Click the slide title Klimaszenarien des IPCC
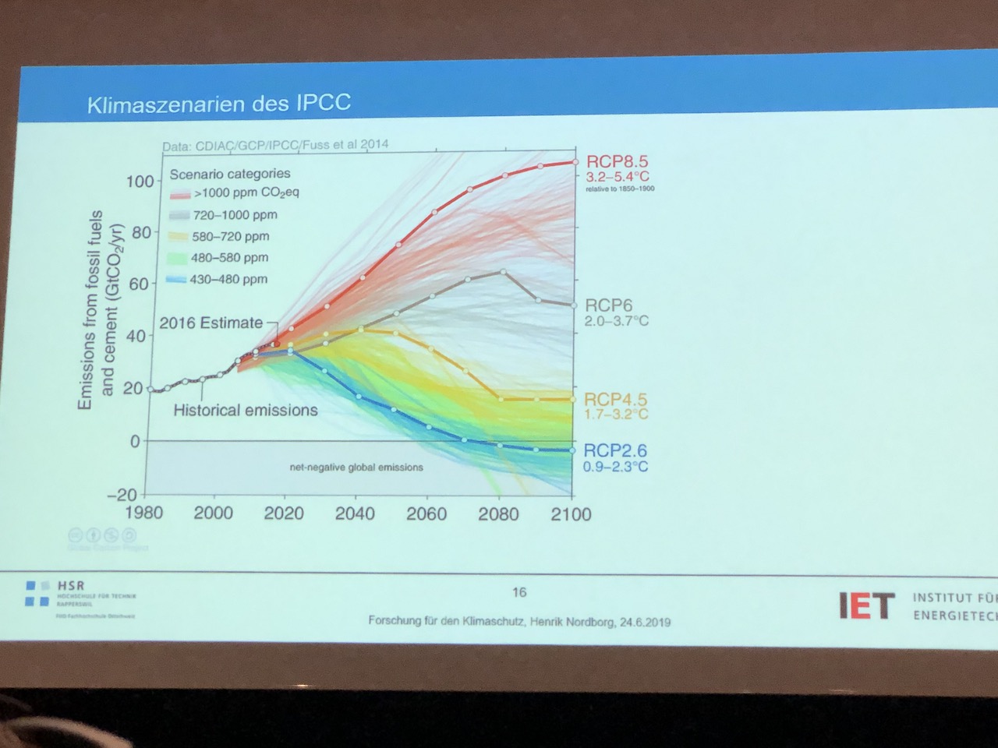218,103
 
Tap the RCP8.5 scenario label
617,162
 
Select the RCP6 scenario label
608,305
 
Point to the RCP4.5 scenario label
616,400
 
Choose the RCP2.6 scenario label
615,450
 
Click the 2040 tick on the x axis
355,513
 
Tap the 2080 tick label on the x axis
498,514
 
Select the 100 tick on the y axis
140,182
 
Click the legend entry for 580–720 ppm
230,236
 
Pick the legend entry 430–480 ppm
228,279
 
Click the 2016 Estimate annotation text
211,323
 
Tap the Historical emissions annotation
246,410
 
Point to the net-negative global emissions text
356,467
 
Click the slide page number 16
519,592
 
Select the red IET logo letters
865,605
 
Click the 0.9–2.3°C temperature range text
615,467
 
